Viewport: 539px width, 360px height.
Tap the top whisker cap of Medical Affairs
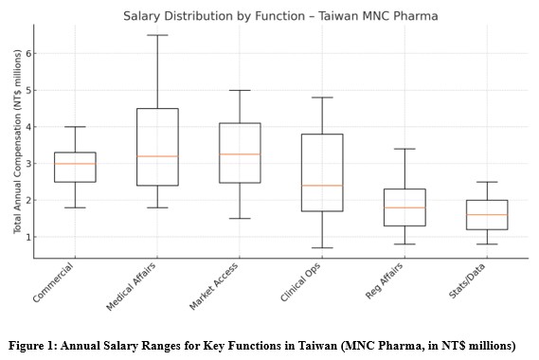click(x=157, y=35)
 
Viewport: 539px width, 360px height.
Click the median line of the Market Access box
click(x=240, y=153)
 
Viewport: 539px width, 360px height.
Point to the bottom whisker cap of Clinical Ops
click(x=322, y=248)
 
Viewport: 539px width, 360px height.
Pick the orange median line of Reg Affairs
click(x=404, y=207)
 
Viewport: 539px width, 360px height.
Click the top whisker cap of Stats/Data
click(x=487, y=182)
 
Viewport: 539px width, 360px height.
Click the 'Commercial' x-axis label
click(x=55, y=282)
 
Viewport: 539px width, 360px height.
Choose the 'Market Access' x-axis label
click(x=216, y=287)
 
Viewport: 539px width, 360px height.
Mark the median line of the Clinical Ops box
click(x=322, y=186)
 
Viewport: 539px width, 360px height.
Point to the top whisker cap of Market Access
click(x=240, y=90)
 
